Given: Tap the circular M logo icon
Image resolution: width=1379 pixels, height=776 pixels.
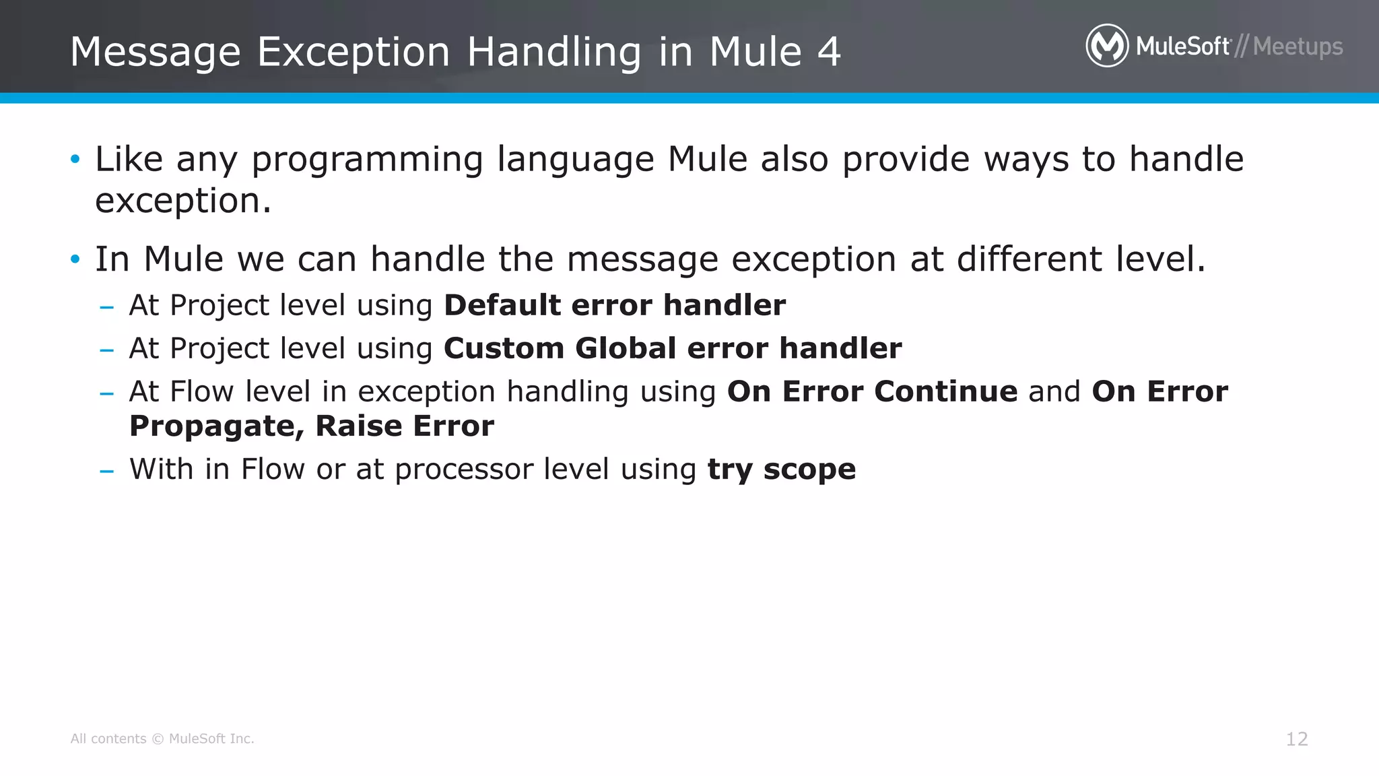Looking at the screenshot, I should (x=1107, y=46).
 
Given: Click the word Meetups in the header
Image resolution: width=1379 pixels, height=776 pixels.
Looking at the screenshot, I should (x=1298, y=47).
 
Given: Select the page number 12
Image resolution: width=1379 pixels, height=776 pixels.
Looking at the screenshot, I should (x=1297, y=739).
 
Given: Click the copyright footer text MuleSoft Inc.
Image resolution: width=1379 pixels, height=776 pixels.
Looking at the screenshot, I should (x=211, y=739).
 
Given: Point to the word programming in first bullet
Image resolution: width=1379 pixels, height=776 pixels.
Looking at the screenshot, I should (x=367, y=160).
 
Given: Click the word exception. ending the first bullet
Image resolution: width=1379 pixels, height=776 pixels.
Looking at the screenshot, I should (x=183, y=201).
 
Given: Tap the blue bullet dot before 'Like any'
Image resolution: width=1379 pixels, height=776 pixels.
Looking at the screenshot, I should (x=75, y=160).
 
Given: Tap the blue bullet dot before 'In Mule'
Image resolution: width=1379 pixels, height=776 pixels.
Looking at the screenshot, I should (x=75, y=259).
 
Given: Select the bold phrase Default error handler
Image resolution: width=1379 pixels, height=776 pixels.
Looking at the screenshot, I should (x=614, y=305).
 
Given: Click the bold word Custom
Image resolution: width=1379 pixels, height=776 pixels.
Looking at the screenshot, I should (x=503, y=348).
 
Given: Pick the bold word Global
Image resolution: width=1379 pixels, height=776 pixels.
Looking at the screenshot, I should (x=626, y=348).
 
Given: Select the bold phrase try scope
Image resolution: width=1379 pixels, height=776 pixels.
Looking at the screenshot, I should (x=781, y=470).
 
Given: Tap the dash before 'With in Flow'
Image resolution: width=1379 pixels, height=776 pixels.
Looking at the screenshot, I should (x=106, y=470).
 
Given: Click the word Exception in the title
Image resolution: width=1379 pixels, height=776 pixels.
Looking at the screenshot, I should (x=354, y=52).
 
